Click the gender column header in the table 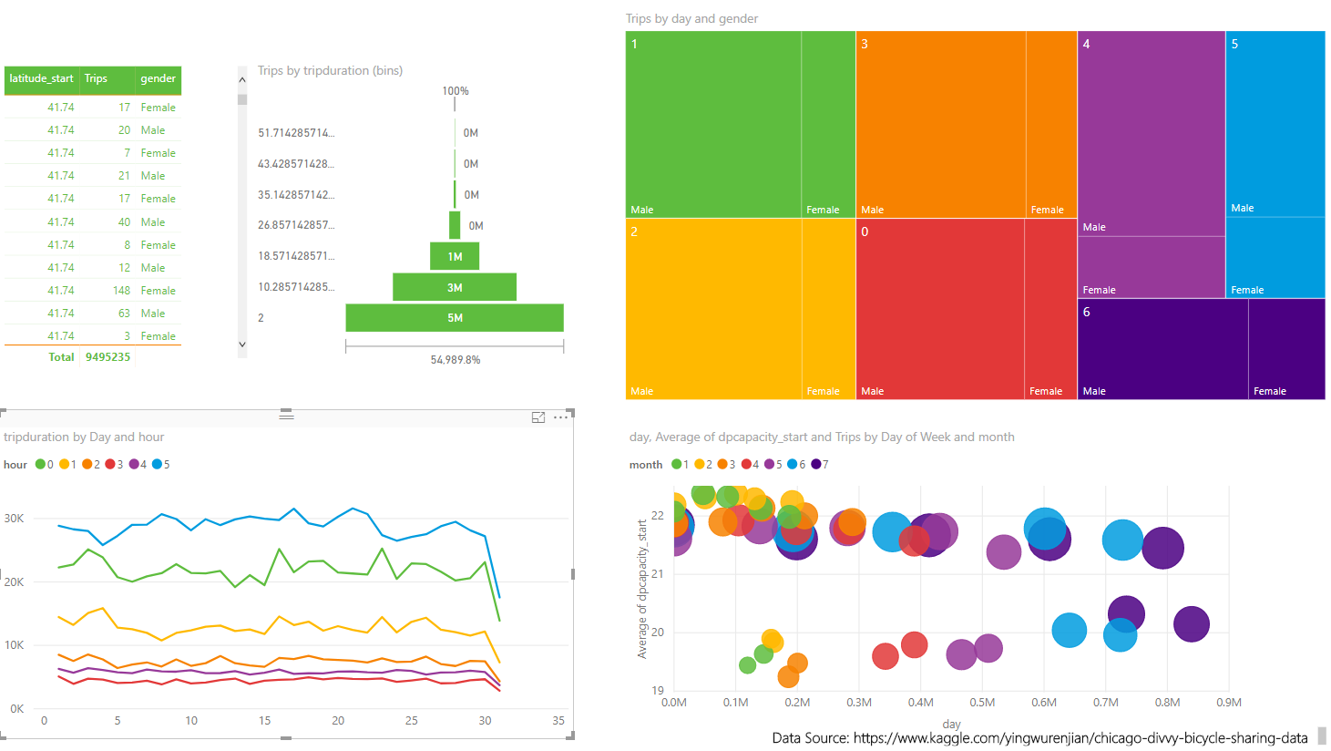coord(158,79)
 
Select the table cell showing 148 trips coord(121,291)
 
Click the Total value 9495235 coord(108,357)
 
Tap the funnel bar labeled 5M coord(454,318)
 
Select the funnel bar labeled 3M coord(454,287)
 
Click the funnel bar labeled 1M coord(454,256)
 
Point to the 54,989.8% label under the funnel coord(455,360)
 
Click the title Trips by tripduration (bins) coord(330,70)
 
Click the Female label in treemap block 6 coord(1269,391)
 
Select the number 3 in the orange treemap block coord(865,44)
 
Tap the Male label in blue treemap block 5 coord(1242,208)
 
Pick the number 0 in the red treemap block coord(865,231)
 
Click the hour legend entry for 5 coord(161,465)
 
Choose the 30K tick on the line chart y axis coord(14,518)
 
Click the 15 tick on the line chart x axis coord(264,721)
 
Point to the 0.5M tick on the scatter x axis coord(982,703)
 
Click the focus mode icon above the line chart coord(538,417)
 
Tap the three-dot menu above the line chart coord(560,417)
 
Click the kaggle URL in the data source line coord(1080,738)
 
